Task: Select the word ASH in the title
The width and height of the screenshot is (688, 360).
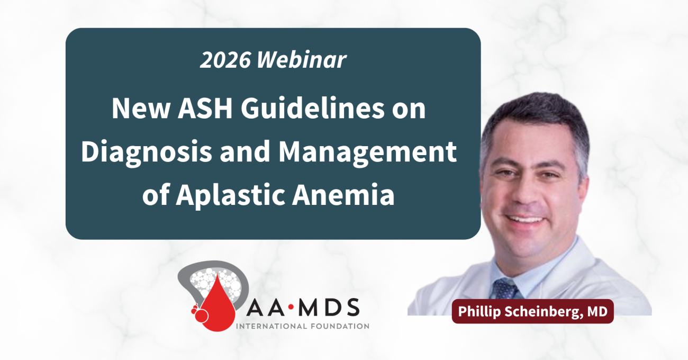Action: pos(205,109)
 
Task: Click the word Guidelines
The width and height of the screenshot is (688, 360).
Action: pos(312,109)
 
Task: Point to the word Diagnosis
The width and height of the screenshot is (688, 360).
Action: pos(147,152)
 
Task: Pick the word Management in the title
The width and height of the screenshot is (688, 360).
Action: pos(367,152)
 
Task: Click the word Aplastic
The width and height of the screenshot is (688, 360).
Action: pos(231,195)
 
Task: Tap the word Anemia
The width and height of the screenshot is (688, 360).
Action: pos(343,195)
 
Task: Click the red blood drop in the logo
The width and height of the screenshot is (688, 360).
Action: pos(217,305)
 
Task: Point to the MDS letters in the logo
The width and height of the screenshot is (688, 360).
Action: pos(329,307)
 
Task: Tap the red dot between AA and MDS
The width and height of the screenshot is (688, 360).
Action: pos(291,307)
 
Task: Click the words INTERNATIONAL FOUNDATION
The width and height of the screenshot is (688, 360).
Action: pos(303,326)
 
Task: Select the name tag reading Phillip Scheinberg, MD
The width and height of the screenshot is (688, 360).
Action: pos(532,311)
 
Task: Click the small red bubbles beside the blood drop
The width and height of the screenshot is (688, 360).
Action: pos(199,313)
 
